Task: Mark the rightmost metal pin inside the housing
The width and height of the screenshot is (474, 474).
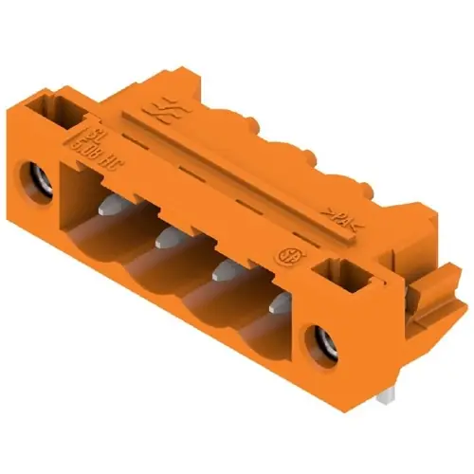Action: [x=279, y=305]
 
